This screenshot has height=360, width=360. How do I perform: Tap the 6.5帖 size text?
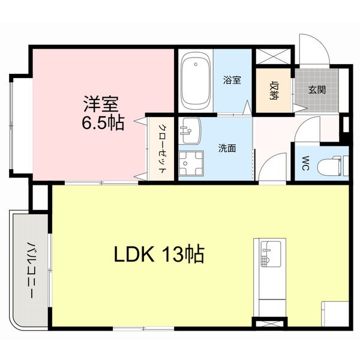pos(103,123)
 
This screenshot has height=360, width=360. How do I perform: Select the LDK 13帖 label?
pos(160,255)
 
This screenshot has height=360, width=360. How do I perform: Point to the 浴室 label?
pos(232,80)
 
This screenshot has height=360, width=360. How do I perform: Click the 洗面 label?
pos(226,148)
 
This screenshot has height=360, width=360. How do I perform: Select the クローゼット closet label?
pos(163,148)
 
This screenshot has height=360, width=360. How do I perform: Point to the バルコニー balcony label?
pos(29,270)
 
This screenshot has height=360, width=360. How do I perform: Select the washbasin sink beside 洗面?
pos(191,131)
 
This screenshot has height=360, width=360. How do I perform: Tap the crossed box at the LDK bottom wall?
pos(265,325)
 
